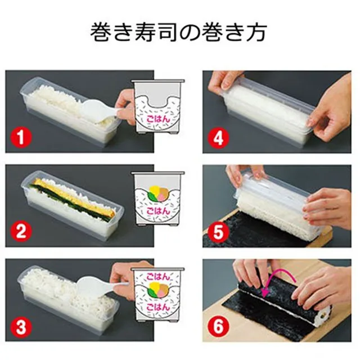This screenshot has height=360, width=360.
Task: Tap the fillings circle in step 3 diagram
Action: click(x=155, y=293)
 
